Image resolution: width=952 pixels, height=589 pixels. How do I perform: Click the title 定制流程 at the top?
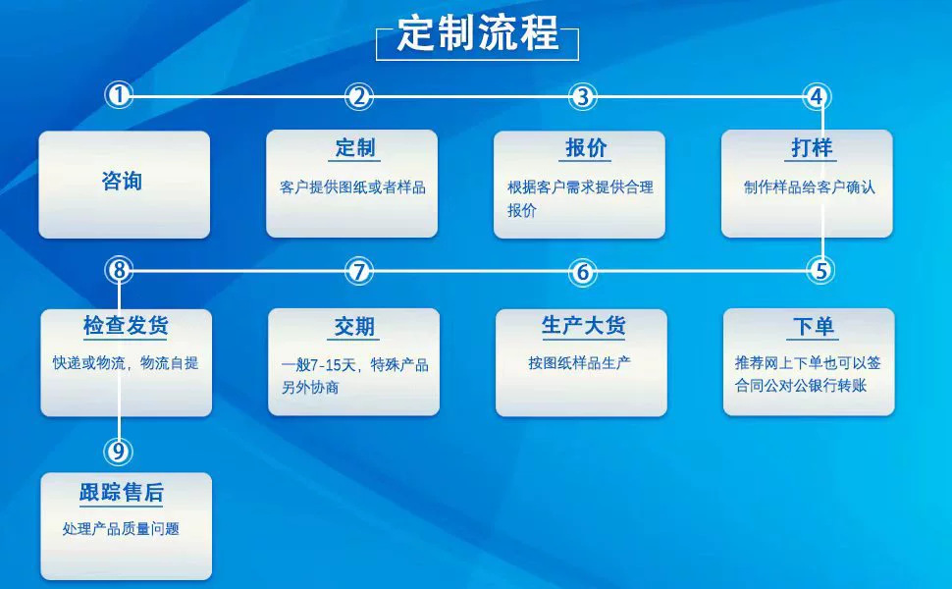478,35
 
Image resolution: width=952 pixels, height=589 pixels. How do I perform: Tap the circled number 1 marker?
119,96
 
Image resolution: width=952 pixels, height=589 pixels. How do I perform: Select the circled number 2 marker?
360,96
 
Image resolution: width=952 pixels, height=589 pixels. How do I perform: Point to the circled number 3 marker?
583,96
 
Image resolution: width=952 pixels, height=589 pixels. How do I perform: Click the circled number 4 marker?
818,96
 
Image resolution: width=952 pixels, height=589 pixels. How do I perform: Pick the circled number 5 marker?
821,270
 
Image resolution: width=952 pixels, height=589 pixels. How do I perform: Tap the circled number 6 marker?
583,272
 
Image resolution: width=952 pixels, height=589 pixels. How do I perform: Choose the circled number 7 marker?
360,272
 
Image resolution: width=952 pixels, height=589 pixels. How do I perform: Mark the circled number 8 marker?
119,270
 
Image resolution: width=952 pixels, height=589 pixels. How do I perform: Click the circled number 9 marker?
119,451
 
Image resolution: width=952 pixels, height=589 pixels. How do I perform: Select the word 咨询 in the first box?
123,182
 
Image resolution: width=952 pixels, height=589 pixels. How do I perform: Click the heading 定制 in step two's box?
355,149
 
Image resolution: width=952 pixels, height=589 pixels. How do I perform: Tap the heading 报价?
587,149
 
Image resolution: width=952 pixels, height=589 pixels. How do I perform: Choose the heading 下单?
814,327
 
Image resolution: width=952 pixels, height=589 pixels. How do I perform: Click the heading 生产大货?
584,327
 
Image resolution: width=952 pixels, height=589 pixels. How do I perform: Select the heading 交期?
354,328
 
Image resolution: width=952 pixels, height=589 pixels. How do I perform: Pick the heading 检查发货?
126,327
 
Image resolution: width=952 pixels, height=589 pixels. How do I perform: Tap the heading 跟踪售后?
122,493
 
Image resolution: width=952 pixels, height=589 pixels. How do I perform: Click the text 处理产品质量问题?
121,529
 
